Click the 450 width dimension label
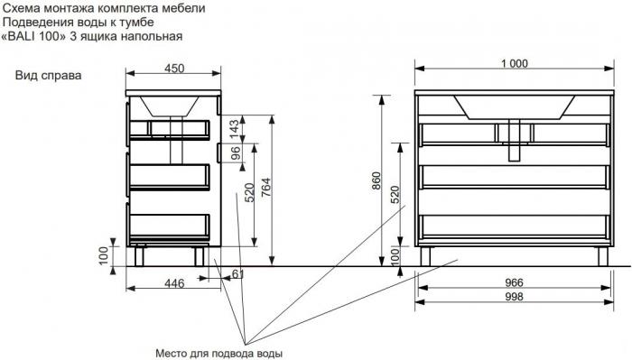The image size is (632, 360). click(x=174, y=68)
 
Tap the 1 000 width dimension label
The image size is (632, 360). click(x=515, y=64)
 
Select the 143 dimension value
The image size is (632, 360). click(x=234, y=129)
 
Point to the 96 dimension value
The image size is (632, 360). click(x=235, y=153)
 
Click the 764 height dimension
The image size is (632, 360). click(x=265, y=188)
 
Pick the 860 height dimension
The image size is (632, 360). click(x=376, y=181)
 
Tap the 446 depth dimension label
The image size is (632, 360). click(x=174, y=283)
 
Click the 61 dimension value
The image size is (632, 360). click(x=237, y=274)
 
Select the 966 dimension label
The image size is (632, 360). click(x=514, y=282)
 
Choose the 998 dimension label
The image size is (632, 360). click(x=514, y=297)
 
